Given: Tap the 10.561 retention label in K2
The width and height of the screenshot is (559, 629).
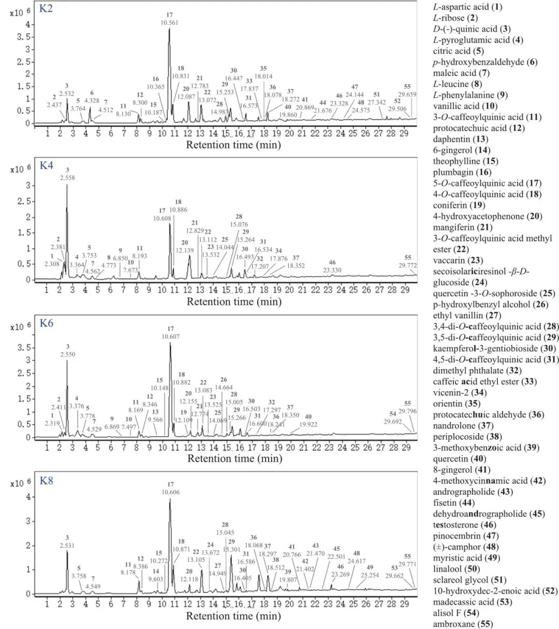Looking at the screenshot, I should (170, 22).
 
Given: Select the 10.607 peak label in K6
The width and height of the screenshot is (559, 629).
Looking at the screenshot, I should (171, 336).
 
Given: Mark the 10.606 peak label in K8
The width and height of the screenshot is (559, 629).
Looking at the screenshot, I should (171, 492).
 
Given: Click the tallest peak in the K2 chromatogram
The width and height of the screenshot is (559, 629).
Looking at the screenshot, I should (169, 30).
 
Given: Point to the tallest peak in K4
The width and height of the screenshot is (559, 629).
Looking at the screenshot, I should (67, 185).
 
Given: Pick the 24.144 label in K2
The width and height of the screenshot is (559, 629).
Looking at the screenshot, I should (355, 95).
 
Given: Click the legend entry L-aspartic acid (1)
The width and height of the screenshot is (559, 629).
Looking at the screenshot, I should (460, 7).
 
